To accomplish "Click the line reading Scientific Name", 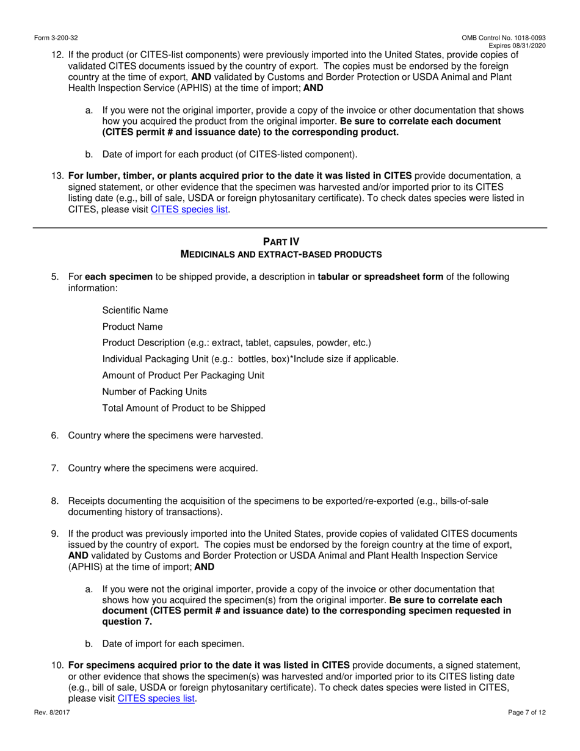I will point(135,310).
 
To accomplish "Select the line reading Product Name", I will point(132,327).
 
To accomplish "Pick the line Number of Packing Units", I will point(154,391).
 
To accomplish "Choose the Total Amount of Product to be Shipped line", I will point(184,408).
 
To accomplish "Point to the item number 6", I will point(54,435).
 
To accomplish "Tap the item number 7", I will point(54,468).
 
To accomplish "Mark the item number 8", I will point(54,501).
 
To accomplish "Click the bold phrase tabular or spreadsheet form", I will point(380,277).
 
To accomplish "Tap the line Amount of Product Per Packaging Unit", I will point(183,375).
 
